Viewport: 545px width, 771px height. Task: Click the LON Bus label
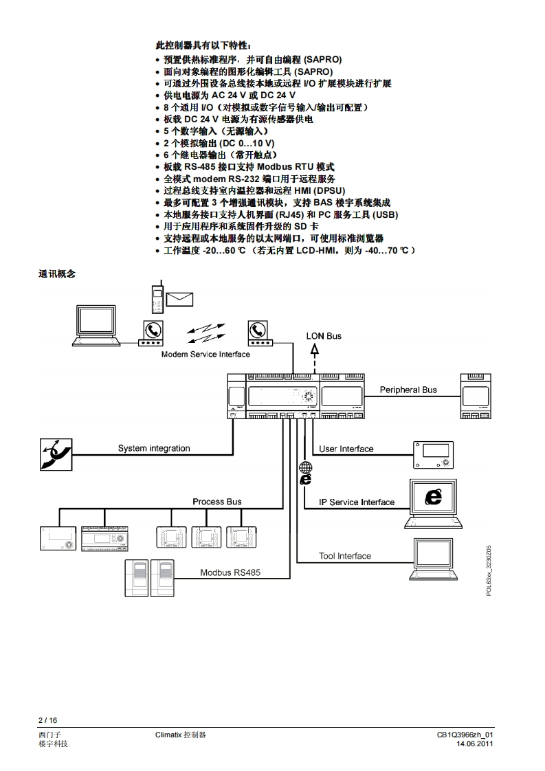(x=324, y=336)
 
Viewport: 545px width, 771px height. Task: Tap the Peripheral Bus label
(x=408, y=390)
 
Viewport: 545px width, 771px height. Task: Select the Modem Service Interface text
(x=205, y=355)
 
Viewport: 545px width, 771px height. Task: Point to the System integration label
(x=154, y=449)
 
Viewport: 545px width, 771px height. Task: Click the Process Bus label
(x=217, y=502)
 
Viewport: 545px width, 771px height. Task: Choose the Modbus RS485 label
(x=230, y=572)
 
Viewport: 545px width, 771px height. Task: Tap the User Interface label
(x=346, y=449)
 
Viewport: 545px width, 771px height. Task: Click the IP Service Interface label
(x=357, y=502)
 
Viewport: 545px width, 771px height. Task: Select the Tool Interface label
(x=345, y=556)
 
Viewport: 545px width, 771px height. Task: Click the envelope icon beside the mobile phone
(x=179, y=299)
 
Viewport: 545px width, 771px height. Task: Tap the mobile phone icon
(x=157, y=296)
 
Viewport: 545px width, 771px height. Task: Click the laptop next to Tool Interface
(x=434, y=560)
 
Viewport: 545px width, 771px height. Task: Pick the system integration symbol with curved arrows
(x=54, y=454)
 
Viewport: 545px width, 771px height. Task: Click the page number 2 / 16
(x=47, y=720)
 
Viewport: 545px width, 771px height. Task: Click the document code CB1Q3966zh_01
(x=465, y=735)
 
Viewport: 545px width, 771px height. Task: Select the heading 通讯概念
(x=56, y=273)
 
